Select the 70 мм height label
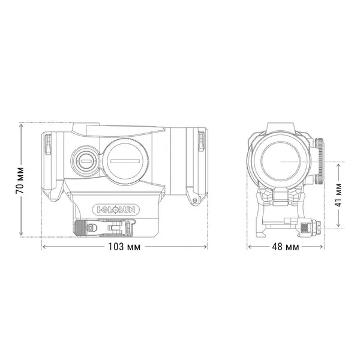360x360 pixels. [x=20, y=179]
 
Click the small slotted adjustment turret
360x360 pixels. [x=83, y=160]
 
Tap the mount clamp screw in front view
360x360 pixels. [x=310, y=228]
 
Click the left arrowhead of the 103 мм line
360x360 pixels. [x=43, y=247]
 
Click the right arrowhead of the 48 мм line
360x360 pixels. [x=324, y=247]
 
